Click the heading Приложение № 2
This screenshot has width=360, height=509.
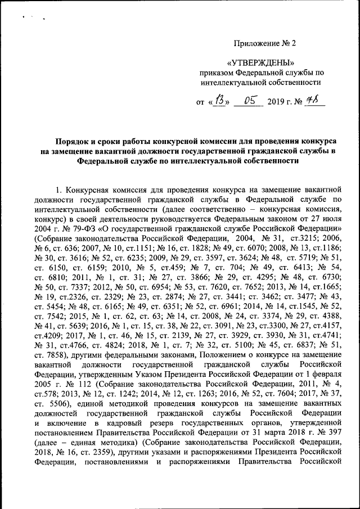264,43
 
